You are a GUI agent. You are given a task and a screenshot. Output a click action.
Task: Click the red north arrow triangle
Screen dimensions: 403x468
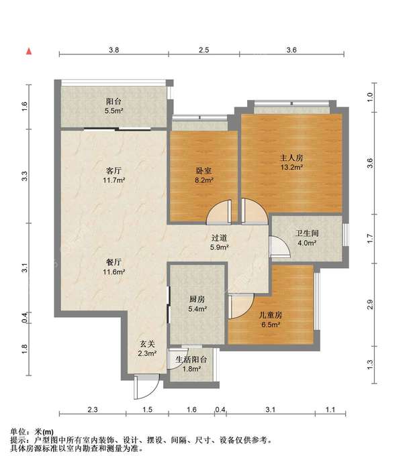click(29, 52)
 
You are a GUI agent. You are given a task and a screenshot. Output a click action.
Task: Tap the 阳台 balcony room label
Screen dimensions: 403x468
click(114, 101)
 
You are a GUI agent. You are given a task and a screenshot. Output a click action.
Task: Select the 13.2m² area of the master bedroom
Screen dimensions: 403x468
click(292, 167)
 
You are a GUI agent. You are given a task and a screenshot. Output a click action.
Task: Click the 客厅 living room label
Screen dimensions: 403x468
click(114, 171)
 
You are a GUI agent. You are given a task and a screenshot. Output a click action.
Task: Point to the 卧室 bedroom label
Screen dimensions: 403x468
click(204, 171)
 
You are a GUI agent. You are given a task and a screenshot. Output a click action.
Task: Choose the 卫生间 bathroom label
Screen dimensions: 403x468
click(307, 233)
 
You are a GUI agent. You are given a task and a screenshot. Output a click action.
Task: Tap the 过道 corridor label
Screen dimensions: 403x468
click(220, 238)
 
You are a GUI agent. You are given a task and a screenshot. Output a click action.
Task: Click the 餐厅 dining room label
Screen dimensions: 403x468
click(114, 262)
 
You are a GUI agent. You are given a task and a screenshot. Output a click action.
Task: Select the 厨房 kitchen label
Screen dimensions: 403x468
click(197, 299)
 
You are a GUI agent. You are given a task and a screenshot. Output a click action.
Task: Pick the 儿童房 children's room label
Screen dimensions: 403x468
click(271, 315)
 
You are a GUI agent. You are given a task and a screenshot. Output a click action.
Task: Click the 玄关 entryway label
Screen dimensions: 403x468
click(147, 344)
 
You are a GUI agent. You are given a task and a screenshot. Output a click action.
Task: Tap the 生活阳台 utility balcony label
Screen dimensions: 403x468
click(191, 359)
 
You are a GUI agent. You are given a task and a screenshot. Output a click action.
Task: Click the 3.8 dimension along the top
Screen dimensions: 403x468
click(114, 50)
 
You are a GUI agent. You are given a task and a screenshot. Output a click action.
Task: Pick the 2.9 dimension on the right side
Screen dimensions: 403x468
click(370, 305)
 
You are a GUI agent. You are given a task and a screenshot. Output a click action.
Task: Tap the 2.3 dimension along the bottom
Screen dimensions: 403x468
click(93, 410)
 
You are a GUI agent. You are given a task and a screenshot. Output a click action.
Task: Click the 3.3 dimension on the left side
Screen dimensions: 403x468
click(25, 176)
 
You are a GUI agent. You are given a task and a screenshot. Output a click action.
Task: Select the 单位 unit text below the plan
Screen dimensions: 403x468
click(19, 432)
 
